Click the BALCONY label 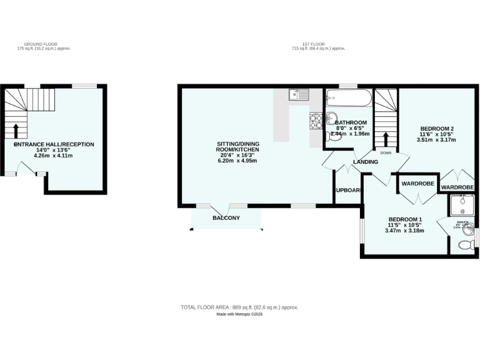[x=226, y=217]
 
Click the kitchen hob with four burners [x=315, y=120]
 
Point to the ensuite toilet [x=466, y=246]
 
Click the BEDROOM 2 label [x=436, y=129]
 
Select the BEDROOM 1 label [x=404, y=219]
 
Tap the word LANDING [x=366, y=162]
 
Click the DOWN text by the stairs [x=386, y=152]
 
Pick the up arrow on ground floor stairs [x=16, y=130]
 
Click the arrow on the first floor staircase [x=386, y=138]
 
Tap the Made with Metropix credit [x=239, y=314]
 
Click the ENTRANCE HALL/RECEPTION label [x=54, y=144]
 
